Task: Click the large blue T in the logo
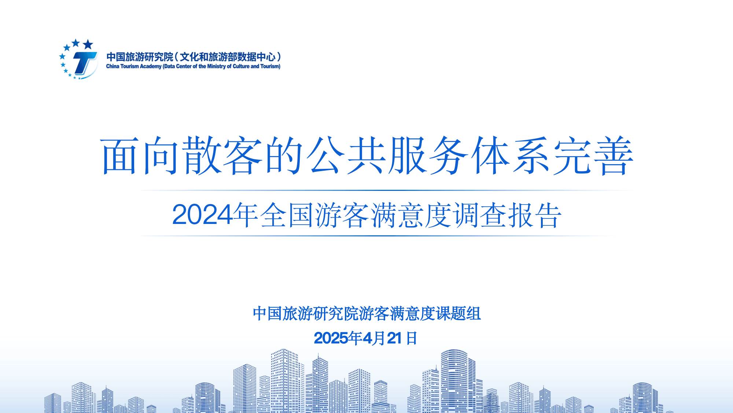tap(85, 63)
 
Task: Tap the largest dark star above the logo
tap(88, 45)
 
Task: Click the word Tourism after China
tap(130, 66)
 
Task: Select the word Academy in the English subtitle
tap(151, 66)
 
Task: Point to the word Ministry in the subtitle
tap(216, 66)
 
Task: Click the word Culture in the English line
tap(241, 66)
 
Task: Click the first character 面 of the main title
tap(120, 155)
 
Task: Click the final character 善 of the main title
tap(614, 155)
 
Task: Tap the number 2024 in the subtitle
tap(202, 215)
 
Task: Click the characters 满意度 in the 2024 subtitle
tap(411, 215)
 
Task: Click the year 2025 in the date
tap(331, 338)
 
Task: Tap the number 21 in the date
tap(394, 338)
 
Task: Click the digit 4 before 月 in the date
tap(368, 338)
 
